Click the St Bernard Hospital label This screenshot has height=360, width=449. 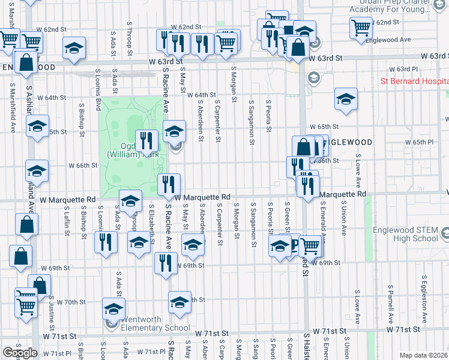(414, 81)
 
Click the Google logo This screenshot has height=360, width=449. (20, 353)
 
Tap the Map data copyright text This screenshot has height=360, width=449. (424, 355)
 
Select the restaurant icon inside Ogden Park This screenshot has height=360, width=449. (147, 141)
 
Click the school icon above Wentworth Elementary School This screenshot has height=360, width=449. (113, 308)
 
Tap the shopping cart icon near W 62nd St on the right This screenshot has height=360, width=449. (361, 26)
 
